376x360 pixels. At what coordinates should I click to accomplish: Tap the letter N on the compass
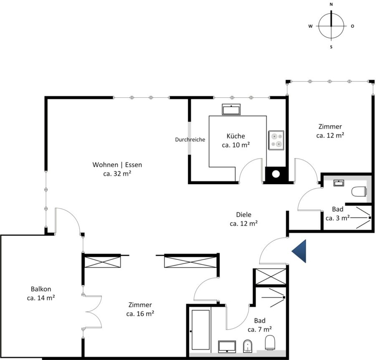[x=331, y=4]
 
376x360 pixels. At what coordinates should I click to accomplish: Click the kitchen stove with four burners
[x=276, y=140]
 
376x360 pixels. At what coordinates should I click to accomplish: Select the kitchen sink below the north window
[x=231, y=109]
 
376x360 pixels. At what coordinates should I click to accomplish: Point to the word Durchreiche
[x=190, y=139]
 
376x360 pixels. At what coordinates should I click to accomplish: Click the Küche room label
[x=236, y=136]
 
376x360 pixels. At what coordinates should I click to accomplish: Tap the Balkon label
[x=41, y=289]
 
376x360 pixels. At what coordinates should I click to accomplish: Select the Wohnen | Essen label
[x=117, y=165]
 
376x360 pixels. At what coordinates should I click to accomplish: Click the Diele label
[x=244, y=215]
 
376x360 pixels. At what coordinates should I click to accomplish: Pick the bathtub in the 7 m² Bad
[x=201, y=330]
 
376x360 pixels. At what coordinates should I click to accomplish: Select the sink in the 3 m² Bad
[x=338, y=183]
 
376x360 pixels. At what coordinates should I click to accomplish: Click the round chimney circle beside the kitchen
[x=276, y=174]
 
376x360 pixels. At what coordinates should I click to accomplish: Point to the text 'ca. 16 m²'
[x=140, y=314]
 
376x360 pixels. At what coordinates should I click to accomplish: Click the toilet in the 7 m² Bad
[x=270, y=343]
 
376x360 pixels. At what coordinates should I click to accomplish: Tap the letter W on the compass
[x=310, y=26]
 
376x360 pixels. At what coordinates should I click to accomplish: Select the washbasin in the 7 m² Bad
[x=227, y=347]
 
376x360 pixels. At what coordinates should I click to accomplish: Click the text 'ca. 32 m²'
[x=117, y=174]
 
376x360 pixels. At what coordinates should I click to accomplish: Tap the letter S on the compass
[x=331, y=47]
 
